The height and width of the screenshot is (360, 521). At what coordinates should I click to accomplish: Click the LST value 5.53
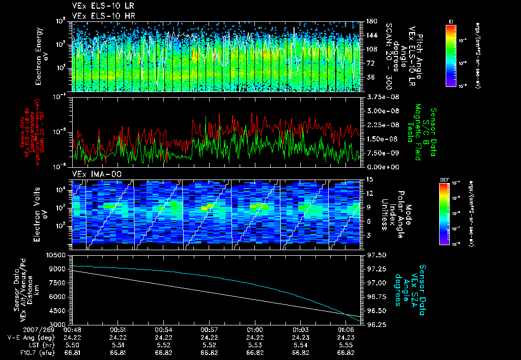255,345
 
